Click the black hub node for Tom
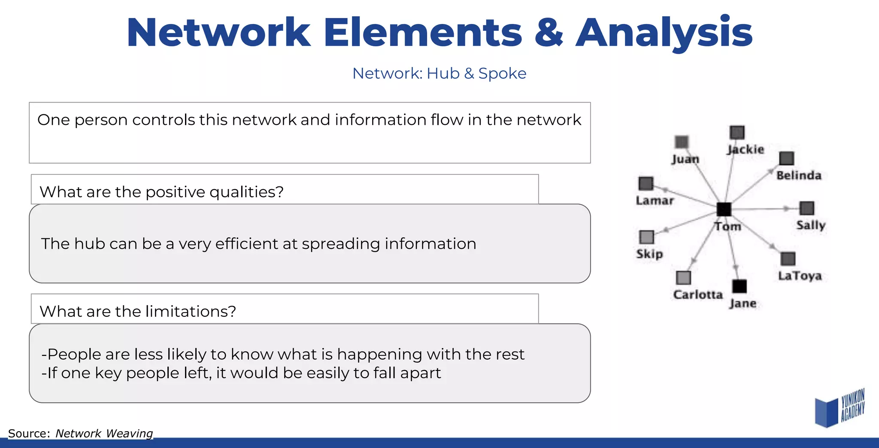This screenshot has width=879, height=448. (724, 209)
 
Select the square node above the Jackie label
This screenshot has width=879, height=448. (737, 132)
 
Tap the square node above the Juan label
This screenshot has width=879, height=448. (682, 141)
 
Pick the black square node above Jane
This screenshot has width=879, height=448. (739, 286)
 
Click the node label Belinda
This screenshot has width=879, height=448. (799, 175)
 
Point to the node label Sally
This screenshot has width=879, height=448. (811, 225)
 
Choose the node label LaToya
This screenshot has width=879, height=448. (800, 276)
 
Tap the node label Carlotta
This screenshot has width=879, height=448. (698, 295)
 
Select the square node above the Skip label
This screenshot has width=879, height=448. (646, 237)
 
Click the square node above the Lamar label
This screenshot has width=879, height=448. (646, 184)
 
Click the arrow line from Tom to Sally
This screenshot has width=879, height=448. (764, 209)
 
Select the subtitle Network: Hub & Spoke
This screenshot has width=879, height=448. (439, 73)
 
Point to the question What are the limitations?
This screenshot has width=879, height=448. (138, 311)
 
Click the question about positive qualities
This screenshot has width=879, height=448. (161, 192)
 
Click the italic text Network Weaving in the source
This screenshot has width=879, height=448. (104, 433)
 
